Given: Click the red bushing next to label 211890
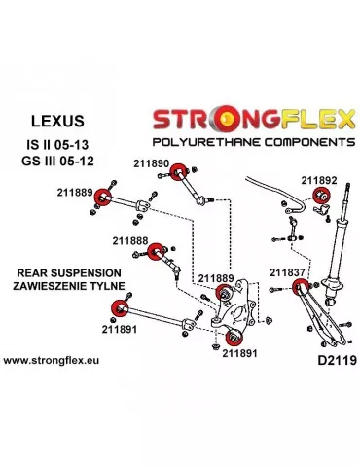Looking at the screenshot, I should tap(178, 173).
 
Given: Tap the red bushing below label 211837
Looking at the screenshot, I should tap(301, 286).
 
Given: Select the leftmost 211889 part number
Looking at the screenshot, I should tap(75, 194).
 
